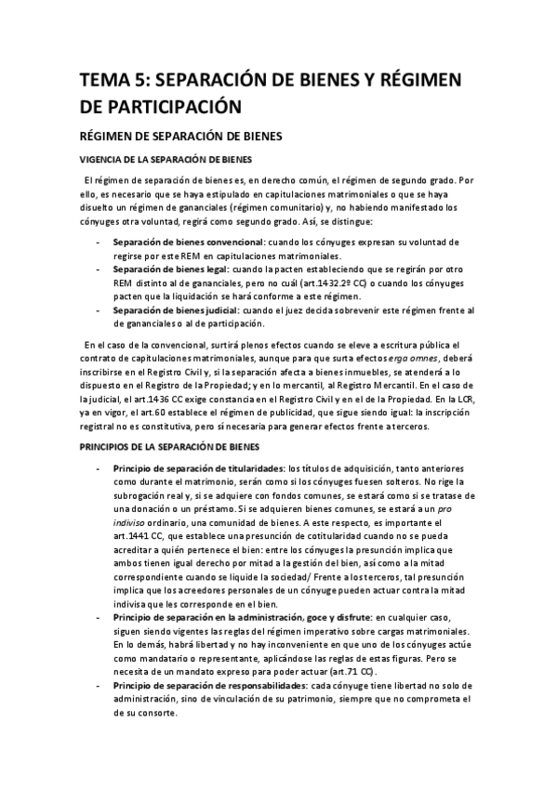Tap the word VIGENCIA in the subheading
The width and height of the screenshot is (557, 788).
(106, 159)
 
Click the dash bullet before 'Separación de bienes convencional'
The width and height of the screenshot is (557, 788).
(99, 243)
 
